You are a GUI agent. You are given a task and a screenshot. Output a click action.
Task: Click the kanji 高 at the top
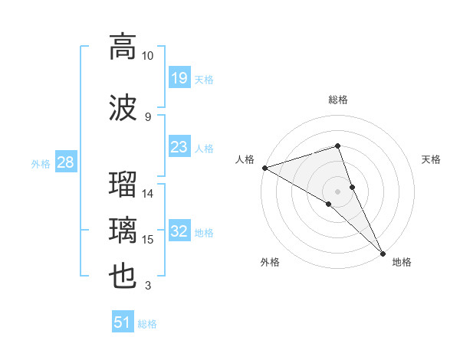123,47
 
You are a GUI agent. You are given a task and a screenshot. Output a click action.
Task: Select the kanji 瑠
123,186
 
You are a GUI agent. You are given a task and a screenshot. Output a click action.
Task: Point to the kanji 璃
123,231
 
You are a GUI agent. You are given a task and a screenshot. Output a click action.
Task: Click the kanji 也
123,277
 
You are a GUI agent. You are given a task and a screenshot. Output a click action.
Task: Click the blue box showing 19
179,77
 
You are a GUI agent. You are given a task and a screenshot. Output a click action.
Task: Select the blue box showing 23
179,147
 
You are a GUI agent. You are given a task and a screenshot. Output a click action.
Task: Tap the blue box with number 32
179,231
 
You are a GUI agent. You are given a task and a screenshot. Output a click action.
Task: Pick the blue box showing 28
65,162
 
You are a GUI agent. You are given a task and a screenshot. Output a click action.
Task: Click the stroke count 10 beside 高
148,56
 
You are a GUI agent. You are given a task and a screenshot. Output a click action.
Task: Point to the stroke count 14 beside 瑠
148,194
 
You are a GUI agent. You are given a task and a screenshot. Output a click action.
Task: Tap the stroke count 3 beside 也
147,286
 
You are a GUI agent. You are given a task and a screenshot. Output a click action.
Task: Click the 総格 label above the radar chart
338,100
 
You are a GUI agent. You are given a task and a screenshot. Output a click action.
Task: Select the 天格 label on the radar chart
432,159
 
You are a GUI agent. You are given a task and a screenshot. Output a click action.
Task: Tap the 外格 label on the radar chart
270,262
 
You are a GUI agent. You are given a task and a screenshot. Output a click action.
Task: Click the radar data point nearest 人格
264,168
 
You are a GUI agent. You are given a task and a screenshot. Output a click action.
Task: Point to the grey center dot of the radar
337,191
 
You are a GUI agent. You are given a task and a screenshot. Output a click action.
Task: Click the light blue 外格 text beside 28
41,163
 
